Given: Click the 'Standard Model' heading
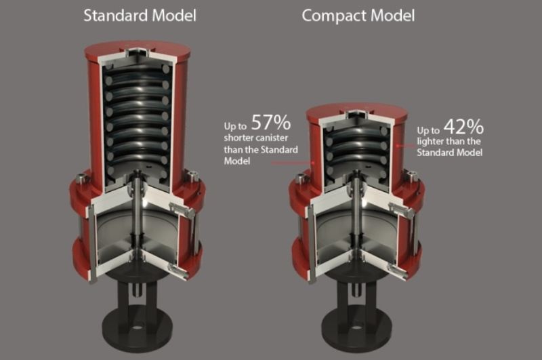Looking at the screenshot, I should [140, 15].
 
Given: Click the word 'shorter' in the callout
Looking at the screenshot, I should [238, 139].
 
